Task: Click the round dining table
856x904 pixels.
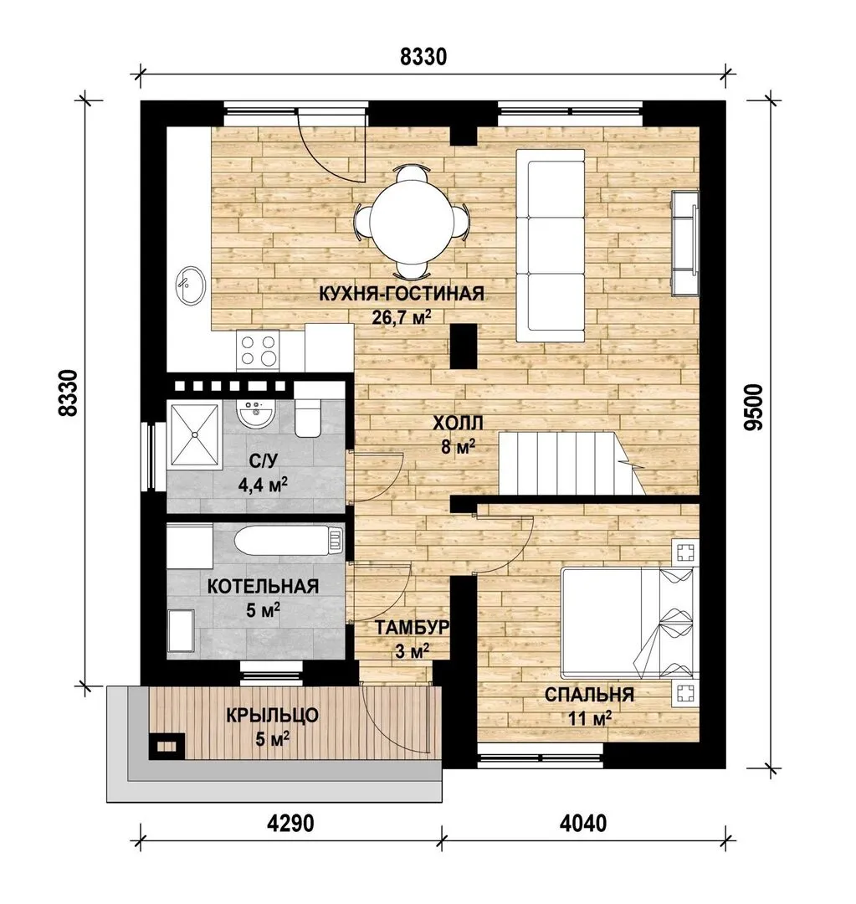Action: pyautogui.click(x=411, y=221)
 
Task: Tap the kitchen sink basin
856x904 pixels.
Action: pyautogui.click(x=190, y=285)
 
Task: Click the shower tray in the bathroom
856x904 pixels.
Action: pyautogui.click(x=194, y=434)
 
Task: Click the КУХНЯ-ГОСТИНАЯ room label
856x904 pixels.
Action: pyautogui.click(x=402, y=294)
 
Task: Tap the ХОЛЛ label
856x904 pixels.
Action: pyautogui.click(x=458, y=424)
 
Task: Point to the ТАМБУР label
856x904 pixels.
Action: pyautogui.click(x=412, y=628)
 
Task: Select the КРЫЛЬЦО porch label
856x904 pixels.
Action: pyautogui.click(x=272, y=716)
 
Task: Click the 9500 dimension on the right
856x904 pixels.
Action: pyautogui.click(x=753, y=407)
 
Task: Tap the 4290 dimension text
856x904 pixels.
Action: pyautogui.click(x=290, y=824)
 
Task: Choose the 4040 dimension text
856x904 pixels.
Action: pyautogui.click(x=582, y=824)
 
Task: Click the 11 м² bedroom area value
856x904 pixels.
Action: pyautogui.click(x=589, y=718)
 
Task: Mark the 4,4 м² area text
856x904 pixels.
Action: pyautogui.click(x=264, y=485)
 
